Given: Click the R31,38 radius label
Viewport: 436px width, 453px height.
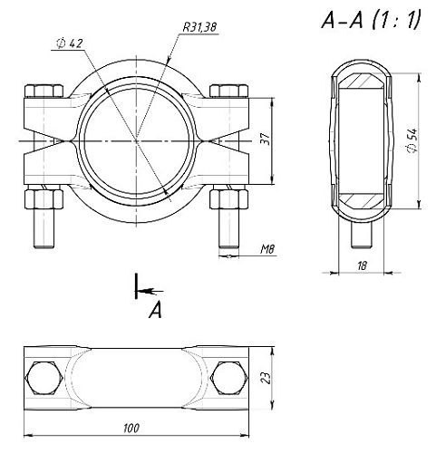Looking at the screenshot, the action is coord(199,27).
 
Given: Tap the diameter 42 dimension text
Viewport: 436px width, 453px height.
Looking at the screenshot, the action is coord(70,43).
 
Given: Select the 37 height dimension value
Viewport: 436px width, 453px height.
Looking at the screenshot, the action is coord(266,139).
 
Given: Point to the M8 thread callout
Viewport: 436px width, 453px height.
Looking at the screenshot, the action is coord(267,249).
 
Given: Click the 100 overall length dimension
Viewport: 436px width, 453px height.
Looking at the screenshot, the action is coord(131,428).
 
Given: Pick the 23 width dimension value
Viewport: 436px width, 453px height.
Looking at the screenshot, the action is coord(266,378).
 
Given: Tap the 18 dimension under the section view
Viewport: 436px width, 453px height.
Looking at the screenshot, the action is coord(362,265).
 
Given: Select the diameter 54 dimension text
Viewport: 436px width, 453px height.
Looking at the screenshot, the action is coord(412,140).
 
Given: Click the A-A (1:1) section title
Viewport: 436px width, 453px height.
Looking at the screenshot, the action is coord(372,20).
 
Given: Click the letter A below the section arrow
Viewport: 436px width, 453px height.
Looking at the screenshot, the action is coord(156,311).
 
